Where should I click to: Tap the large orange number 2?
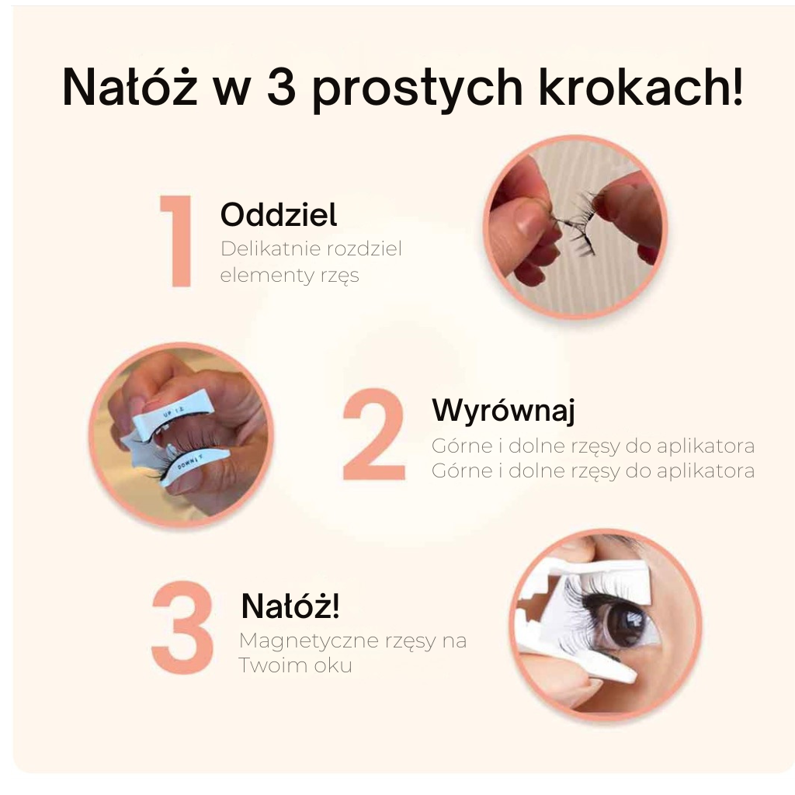click(374, 434)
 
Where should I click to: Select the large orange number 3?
click(182, 627)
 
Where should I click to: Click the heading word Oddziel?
click(279, 214)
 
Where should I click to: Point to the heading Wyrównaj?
click(503, 410)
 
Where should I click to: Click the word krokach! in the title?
click(641, 87)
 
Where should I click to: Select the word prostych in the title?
click(417, 90)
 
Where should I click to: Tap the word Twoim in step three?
click(272, 665)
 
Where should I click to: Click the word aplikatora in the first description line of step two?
click(706, 446)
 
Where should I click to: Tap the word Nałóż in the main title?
click(130, 86)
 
